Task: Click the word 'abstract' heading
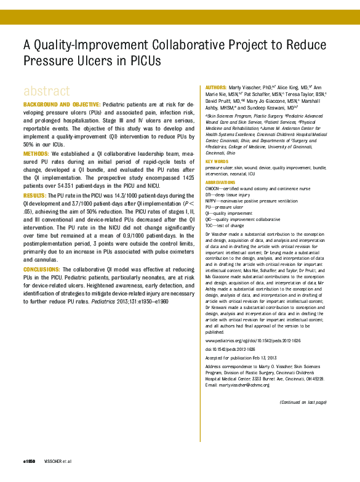(47, 90)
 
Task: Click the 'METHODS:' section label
(36, 153)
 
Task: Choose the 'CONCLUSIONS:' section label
(46, 270)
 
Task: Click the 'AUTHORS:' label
(216, 88)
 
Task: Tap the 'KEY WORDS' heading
(217, 162)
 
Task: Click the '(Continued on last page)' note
(303, 402)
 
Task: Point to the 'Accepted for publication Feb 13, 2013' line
(240, 358)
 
